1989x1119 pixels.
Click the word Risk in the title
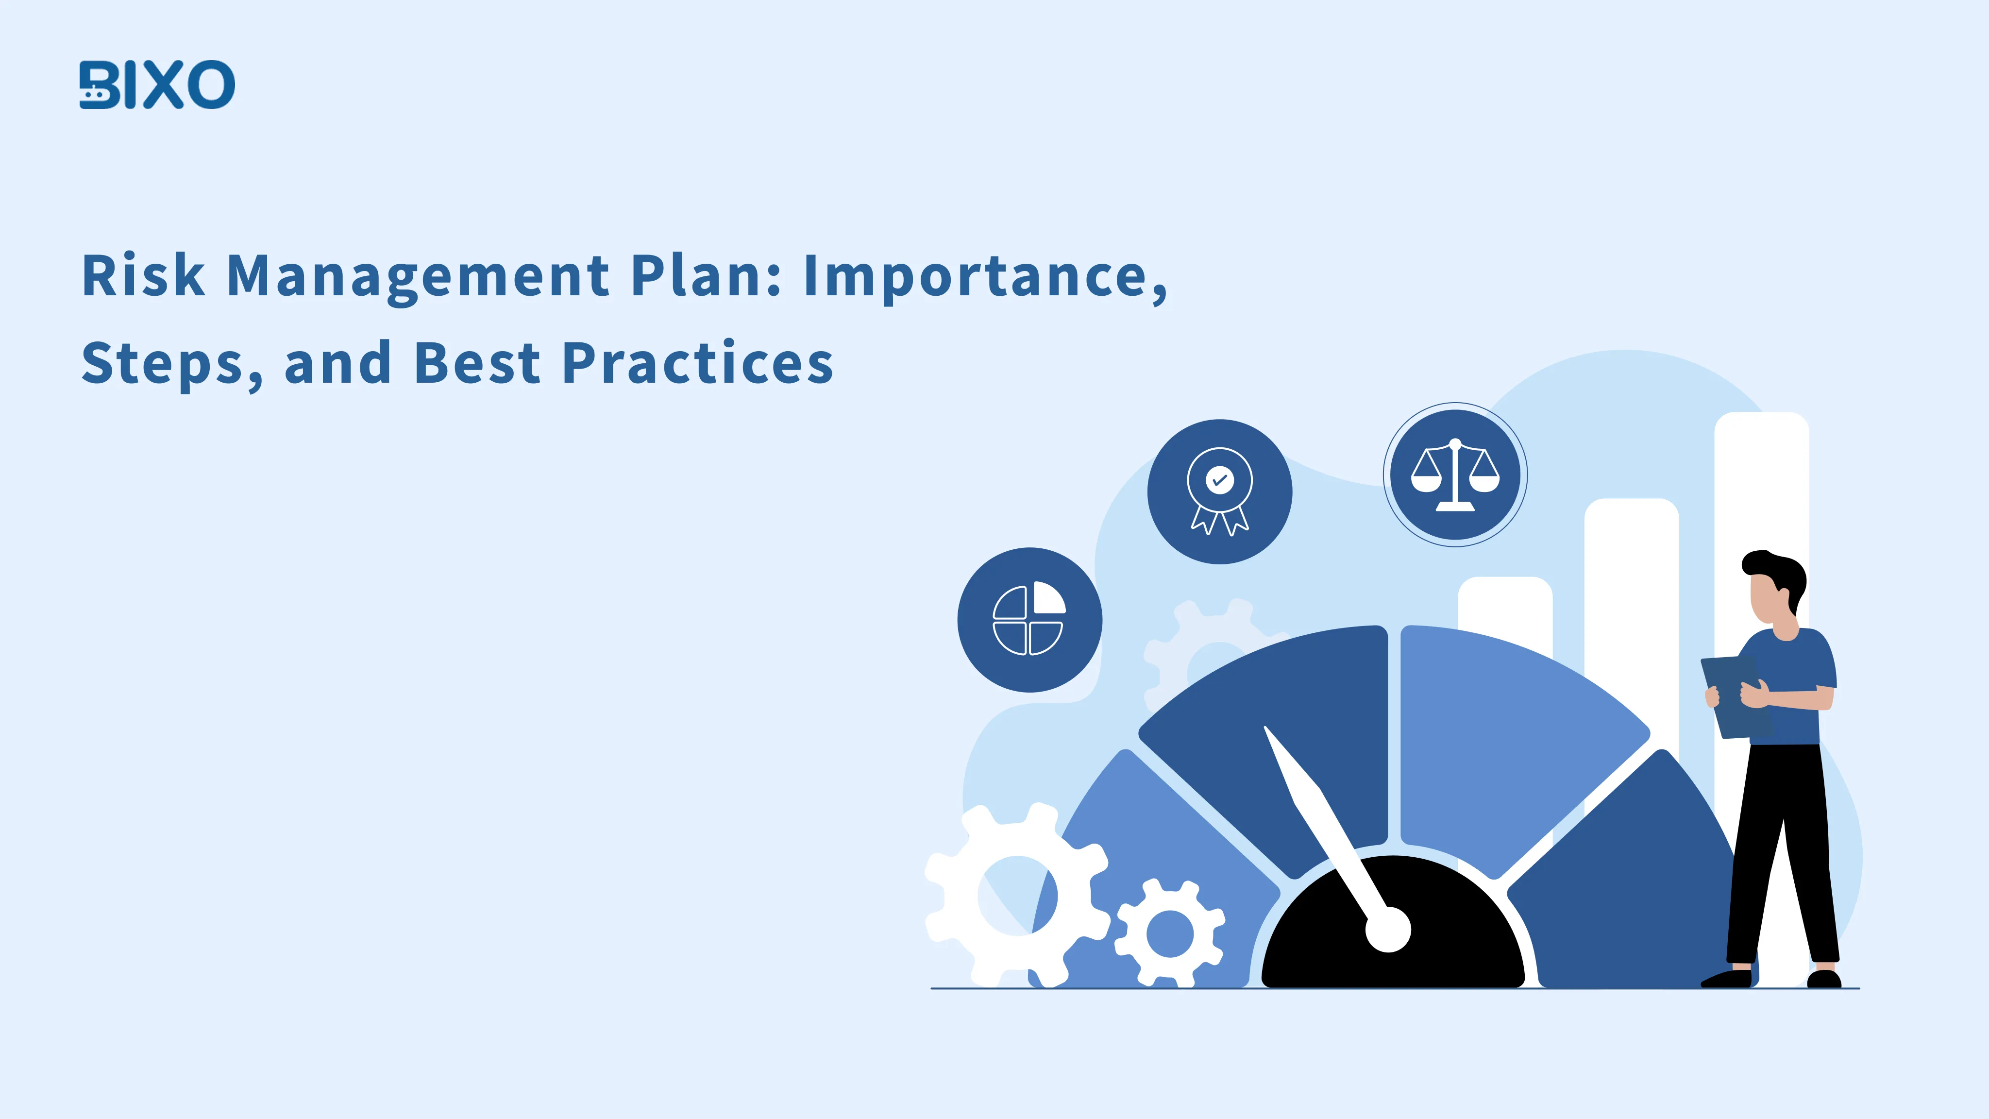(x=144, y=276)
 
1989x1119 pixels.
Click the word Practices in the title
(x=697, y=363)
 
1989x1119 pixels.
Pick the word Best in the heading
(x=476, y=363)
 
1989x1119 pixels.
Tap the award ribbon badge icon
(x=1219, y=491)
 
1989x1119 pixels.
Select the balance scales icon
(x=1455, y=474)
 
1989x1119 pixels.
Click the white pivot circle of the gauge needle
(x=1387, y=930)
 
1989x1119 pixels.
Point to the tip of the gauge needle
(x=1267, y=730)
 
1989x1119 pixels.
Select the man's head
(x=1773, y=591)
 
